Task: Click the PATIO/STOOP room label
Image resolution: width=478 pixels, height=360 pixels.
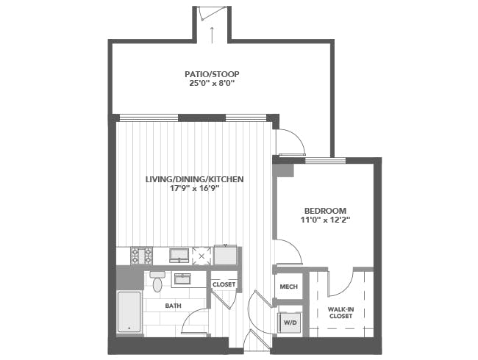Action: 212,74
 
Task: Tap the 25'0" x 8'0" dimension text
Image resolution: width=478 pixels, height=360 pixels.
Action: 212,84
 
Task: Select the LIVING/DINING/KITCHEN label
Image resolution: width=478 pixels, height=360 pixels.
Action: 194,179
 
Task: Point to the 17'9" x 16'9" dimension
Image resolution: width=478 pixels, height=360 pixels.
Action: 194,189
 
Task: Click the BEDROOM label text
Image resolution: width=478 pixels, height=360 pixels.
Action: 325,211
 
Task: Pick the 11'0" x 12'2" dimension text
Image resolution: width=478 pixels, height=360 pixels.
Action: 325,220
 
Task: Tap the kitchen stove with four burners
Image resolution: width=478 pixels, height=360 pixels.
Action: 141,256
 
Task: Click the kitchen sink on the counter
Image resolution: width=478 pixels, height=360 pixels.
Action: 179,256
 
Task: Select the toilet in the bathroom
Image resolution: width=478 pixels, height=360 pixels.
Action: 157,281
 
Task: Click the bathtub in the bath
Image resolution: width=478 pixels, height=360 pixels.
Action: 129,312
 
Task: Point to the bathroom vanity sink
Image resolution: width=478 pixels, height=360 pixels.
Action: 182,278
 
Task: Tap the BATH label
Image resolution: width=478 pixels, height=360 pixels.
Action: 173,306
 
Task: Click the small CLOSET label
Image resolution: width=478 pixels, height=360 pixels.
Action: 224,284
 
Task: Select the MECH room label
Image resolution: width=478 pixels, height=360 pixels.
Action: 289,287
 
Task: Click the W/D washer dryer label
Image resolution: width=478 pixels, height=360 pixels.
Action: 290,323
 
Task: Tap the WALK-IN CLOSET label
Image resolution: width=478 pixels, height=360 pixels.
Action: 340,313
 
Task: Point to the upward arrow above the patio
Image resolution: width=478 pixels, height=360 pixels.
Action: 212,35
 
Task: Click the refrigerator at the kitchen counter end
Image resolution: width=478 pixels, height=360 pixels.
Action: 225,255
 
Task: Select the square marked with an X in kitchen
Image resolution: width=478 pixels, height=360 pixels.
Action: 201,256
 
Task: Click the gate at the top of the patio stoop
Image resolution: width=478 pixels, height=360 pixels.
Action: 213,12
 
